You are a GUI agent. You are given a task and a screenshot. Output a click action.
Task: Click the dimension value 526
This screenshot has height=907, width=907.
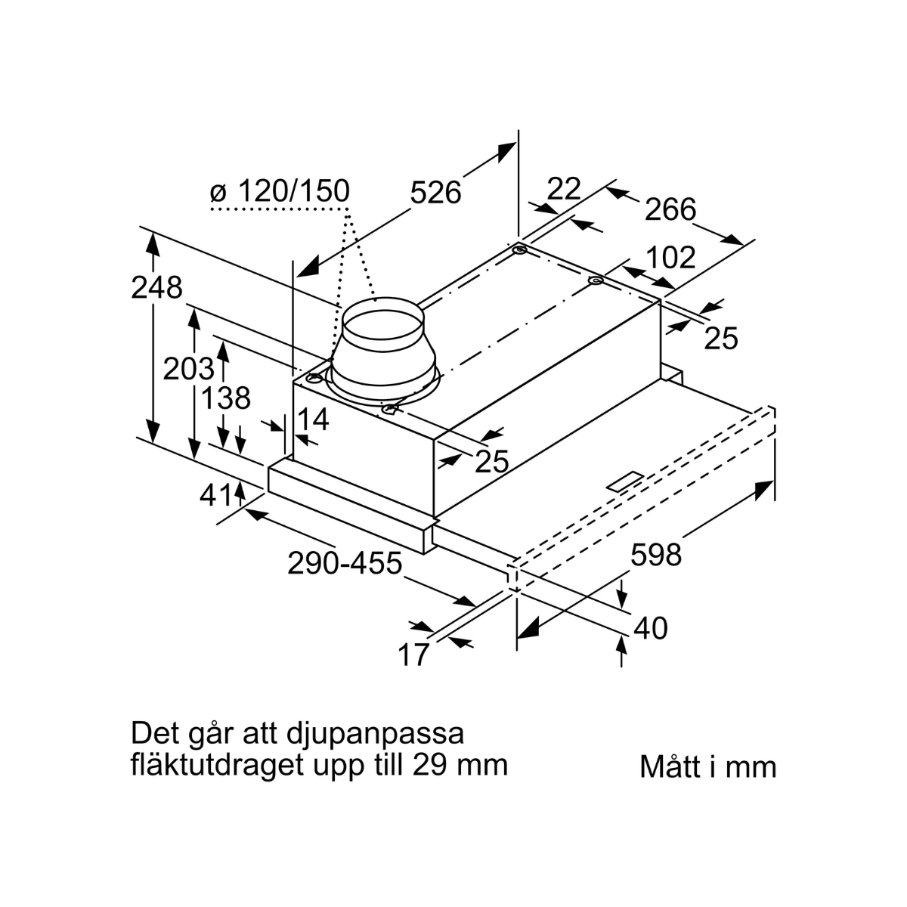[435, 193]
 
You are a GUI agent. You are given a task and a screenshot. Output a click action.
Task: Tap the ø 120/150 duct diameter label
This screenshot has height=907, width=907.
[280, 192]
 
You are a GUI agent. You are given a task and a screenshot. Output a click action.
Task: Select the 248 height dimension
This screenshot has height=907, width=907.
[156, 288]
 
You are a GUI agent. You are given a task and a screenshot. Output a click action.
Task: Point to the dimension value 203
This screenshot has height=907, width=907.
[188, 369]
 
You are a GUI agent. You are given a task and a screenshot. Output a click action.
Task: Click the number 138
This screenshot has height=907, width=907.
[226, 398]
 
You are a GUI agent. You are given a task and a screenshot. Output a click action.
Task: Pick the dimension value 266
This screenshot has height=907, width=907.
[670, 209]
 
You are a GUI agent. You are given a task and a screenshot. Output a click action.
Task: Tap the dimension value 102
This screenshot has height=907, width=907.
[670, 258]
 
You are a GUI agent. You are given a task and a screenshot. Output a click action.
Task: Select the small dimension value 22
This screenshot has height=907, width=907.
[563, 189]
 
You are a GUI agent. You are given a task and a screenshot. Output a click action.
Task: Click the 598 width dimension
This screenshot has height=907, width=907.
[656, 556]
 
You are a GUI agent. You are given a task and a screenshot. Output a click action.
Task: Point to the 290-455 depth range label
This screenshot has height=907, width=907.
[344, 563]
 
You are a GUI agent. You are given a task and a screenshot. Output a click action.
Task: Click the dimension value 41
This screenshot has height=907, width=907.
[215, 495]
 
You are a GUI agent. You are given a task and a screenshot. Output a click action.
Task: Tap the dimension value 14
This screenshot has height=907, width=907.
[313, 420]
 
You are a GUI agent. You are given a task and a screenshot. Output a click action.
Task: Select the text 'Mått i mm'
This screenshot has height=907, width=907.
[707, 766]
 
